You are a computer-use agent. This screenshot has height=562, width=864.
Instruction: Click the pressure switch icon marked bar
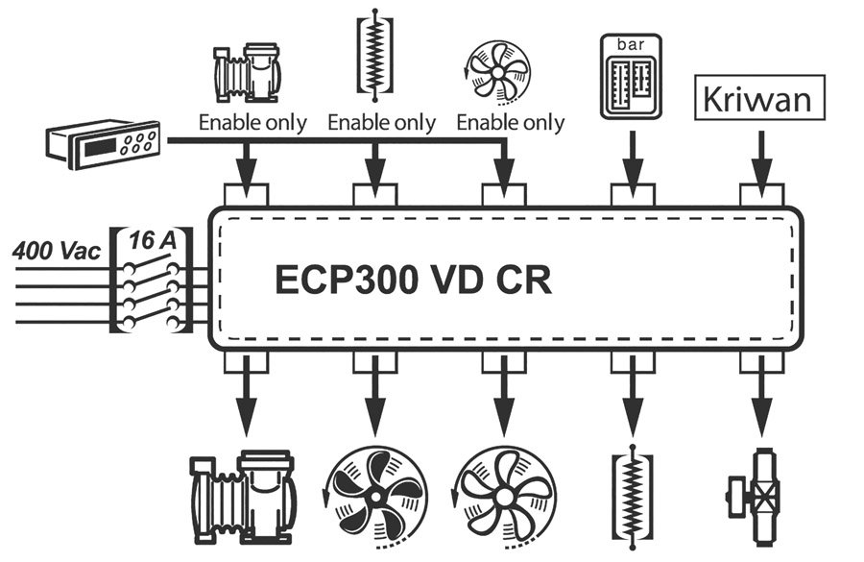point(632,76)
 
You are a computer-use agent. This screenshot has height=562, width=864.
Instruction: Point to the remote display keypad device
point(105,144)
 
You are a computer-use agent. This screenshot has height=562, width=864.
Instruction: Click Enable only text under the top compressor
point(252,123)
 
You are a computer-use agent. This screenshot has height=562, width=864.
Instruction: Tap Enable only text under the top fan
point(510,123)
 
